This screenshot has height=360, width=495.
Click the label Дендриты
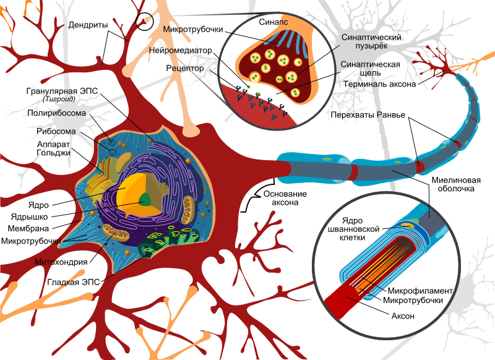(88, 25)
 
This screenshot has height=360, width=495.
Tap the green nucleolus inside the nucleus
(145, 200)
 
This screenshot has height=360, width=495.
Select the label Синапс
(273, 22)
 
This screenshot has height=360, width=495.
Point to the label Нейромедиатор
(181, 51)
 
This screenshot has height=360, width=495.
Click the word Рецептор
(185, 68)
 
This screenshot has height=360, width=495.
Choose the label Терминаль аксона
(379, 84)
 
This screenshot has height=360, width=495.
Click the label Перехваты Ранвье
(368, 115)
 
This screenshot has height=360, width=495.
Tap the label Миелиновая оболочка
(456, 184)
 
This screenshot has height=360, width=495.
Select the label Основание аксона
(285, 198)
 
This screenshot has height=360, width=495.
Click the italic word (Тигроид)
(59, 99)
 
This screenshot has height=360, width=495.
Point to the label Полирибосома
(56, 113)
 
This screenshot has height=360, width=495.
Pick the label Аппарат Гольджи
(54, 148)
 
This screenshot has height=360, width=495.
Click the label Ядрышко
(29, 216)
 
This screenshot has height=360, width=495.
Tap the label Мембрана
(28, 228)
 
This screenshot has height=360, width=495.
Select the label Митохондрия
(61, 262)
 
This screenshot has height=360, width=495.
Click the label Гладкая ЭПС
(73, 282)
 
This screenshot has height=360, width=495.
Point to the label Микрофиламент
(420, 291)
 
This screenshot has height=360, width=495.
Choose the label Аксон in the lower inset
(403, 316)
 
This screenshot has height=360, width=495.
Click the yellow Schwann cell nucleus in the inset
(408, 225)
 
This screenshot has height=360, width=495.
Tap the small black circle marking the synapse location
(144, 22)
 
